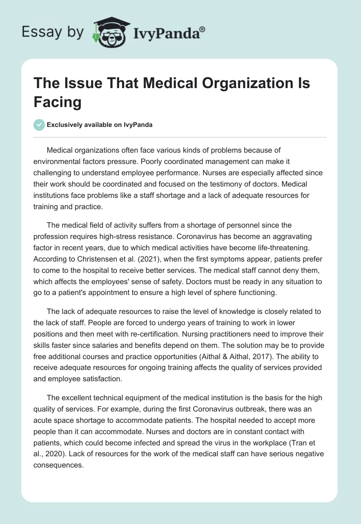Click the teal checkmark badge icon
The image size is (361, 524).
click(x=39, y=125)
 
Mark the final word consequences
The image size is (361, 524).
click(x=59, y=465)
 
